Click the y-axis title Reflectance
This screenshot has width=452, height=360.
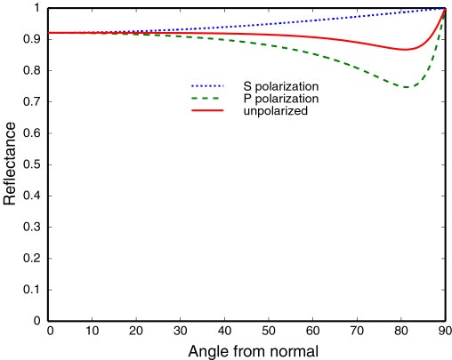[11, 164]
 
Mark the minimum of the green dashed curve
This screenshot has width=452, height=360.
[407, 87]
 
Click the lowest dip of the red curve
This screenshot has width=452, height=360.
[405, 50]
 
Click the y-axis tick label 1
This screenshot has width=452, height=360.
[39, 8]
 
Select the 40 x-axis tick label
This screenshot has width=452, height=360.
[225, 331]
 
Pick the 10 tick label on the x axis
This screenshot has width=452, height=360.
[93, 331]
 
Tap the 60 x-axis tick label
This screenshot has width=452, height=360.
[312, 331]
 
